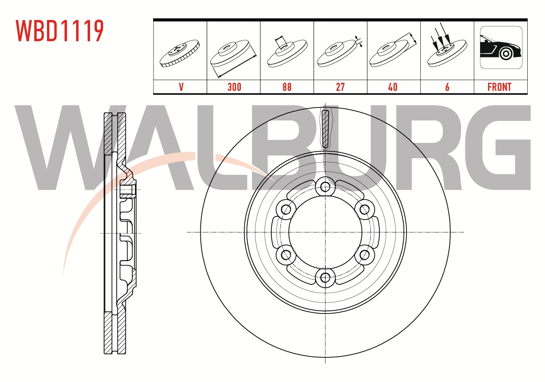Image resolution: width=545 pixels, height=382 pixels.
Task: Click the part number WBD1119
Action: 60,31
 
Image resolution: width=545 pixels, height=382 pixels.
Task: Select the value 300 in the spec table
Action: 234,87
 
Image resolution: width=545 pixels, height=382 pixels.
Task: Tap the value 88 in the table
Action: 287,87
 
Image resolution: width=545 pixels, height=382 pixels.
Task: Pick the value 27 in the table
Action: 340,87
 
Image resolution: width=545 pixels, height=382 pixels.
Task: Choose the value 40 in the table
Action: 393,87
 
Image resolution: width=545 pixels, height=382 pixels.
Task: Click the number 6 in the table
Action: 447,87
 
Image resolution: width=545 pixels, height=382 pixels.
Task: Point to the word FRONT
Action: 499,87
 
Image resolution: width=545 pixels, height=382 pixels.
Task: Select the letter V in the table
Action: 181,87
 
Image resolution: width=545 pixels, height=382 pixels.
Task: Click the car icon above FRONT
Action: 501,47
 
